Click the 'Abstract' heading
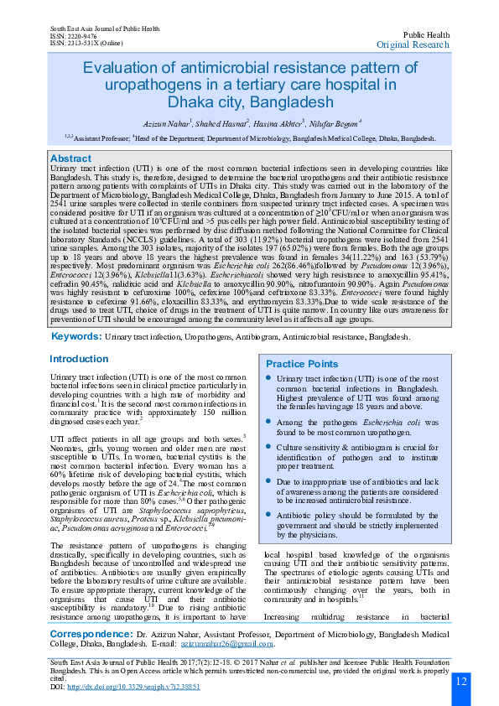pyautogui.click(x=70, y=158)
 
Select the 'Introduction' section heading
pyautogui.click(x=79, y=359)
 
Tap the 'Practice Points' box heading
pyautogui.click(x=302, y=364)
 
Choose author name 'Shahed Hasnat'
pyautogui.click(x=222, y=122)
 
